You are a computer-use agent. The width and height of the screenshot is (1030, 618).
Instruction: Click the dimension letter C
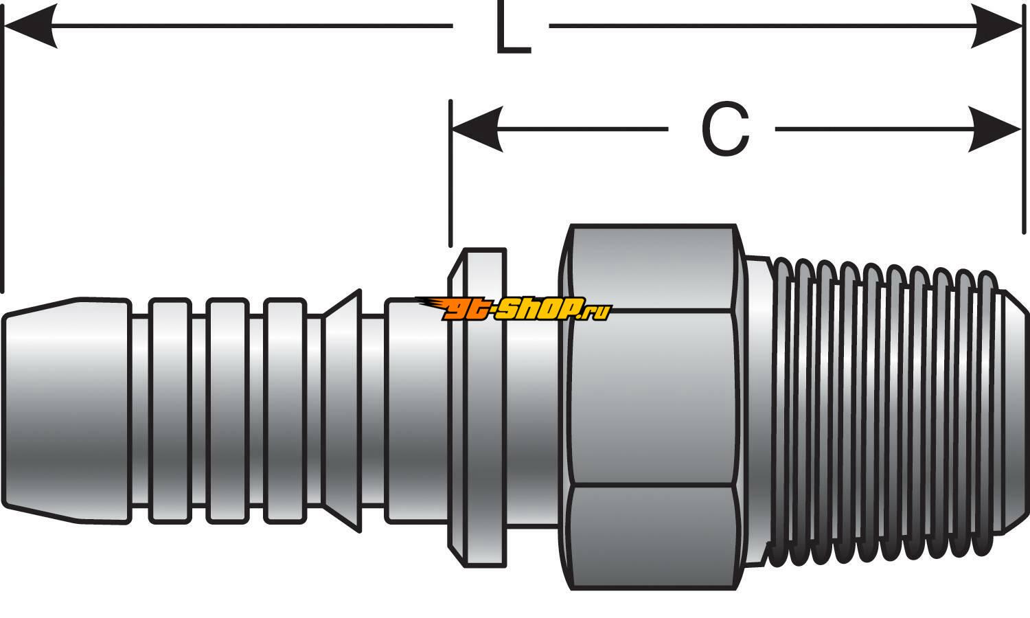click(x=725, y=130)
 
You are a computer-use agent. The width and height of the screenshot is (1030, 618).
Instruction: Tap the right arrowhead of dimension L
click(x=1000, y=26)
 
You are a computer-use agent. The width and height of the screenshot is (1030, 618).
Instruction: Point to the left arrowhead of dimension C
click(x=477, y=129)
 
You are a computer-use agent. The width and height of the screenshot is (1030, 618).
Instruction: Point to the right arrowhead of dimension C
click(x=996, y=129)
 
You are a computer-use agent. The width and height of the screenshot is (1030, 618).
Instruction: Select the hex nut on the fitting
click(x=652, y=405)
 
